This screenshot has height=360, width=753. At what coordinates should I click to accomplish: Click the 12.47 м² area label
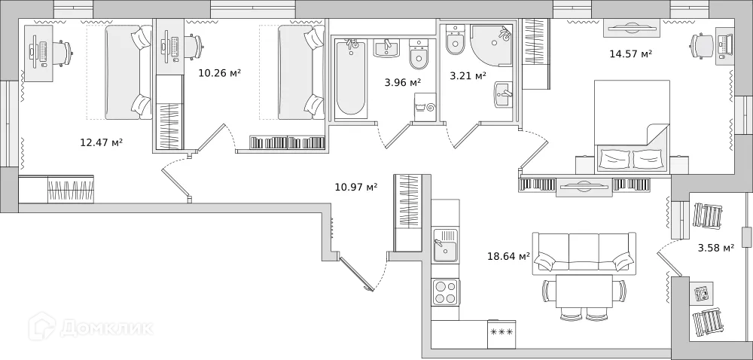[x=101, y=142]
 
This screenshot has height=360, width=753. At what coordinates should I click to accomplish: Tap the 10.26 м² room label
[x=219, y=73]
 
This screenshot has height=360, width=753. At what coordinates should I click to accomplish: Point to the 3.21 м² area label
[x=468, y=75]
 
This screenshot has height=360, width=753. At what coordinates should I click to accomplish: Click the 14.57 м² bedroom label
[x=630, y=53]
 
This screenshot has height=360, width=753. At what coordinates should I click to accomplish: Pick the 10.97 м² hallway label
[x=356, y=186]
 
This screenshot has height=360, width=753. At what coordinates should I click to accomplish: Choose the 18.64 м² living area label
[x=509, y=256]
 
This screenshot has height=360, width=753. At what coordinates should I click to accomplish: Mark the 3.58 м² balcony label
[x=716, y=247]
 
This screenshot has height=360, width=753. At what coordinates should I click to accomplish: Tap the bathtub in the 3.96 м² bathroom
[x=350, y=78]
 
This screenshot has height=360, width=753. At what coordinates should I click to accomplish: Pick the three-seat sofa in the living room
[x=584, y=253]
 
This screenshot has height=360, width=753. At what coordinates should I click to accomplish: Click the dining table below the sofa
[x=584, y=291]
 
